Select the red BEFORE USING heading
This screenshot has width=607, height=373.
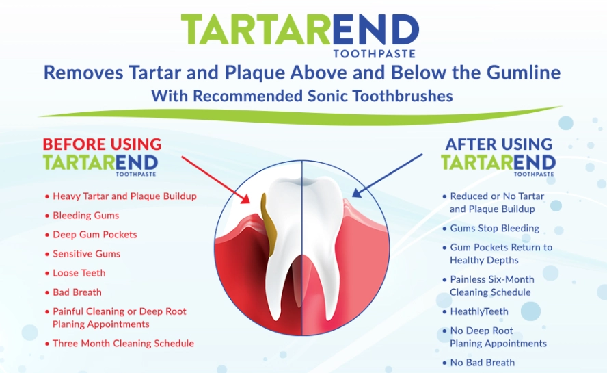tap(102, 144)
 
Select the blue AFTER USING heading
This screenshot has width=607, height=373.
tap(498, 144)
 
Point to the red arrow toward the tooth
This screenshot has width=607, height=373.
tap(215, 179)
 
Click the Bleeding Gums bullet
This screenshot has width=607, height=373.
tap(85, 216)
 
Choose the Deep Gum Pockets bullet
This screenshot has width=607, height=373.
tap(94, 235)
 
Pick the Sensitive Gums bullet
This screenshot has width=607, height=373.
tap(86, 254)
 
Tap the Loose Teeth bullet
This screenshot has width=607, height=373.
tap(79, 273)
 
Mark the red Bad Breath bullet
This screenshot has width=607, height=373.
tap(77, 292)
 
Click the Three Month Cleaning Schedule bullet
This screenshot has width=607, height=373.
tap(123, 344)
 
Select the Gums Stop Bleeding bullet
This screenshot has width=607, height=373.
tap(494, 229)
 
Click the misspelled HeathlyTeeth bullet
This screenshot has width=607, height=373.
tap(478, 311)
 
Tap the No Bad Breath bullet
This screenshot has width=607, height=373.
tap(482, 363)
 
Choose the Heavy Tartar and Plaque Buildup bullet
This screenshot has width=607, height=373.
tap(124, 196)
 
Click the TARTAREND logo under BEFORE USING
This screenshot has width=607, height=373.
tap(100, 164)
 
